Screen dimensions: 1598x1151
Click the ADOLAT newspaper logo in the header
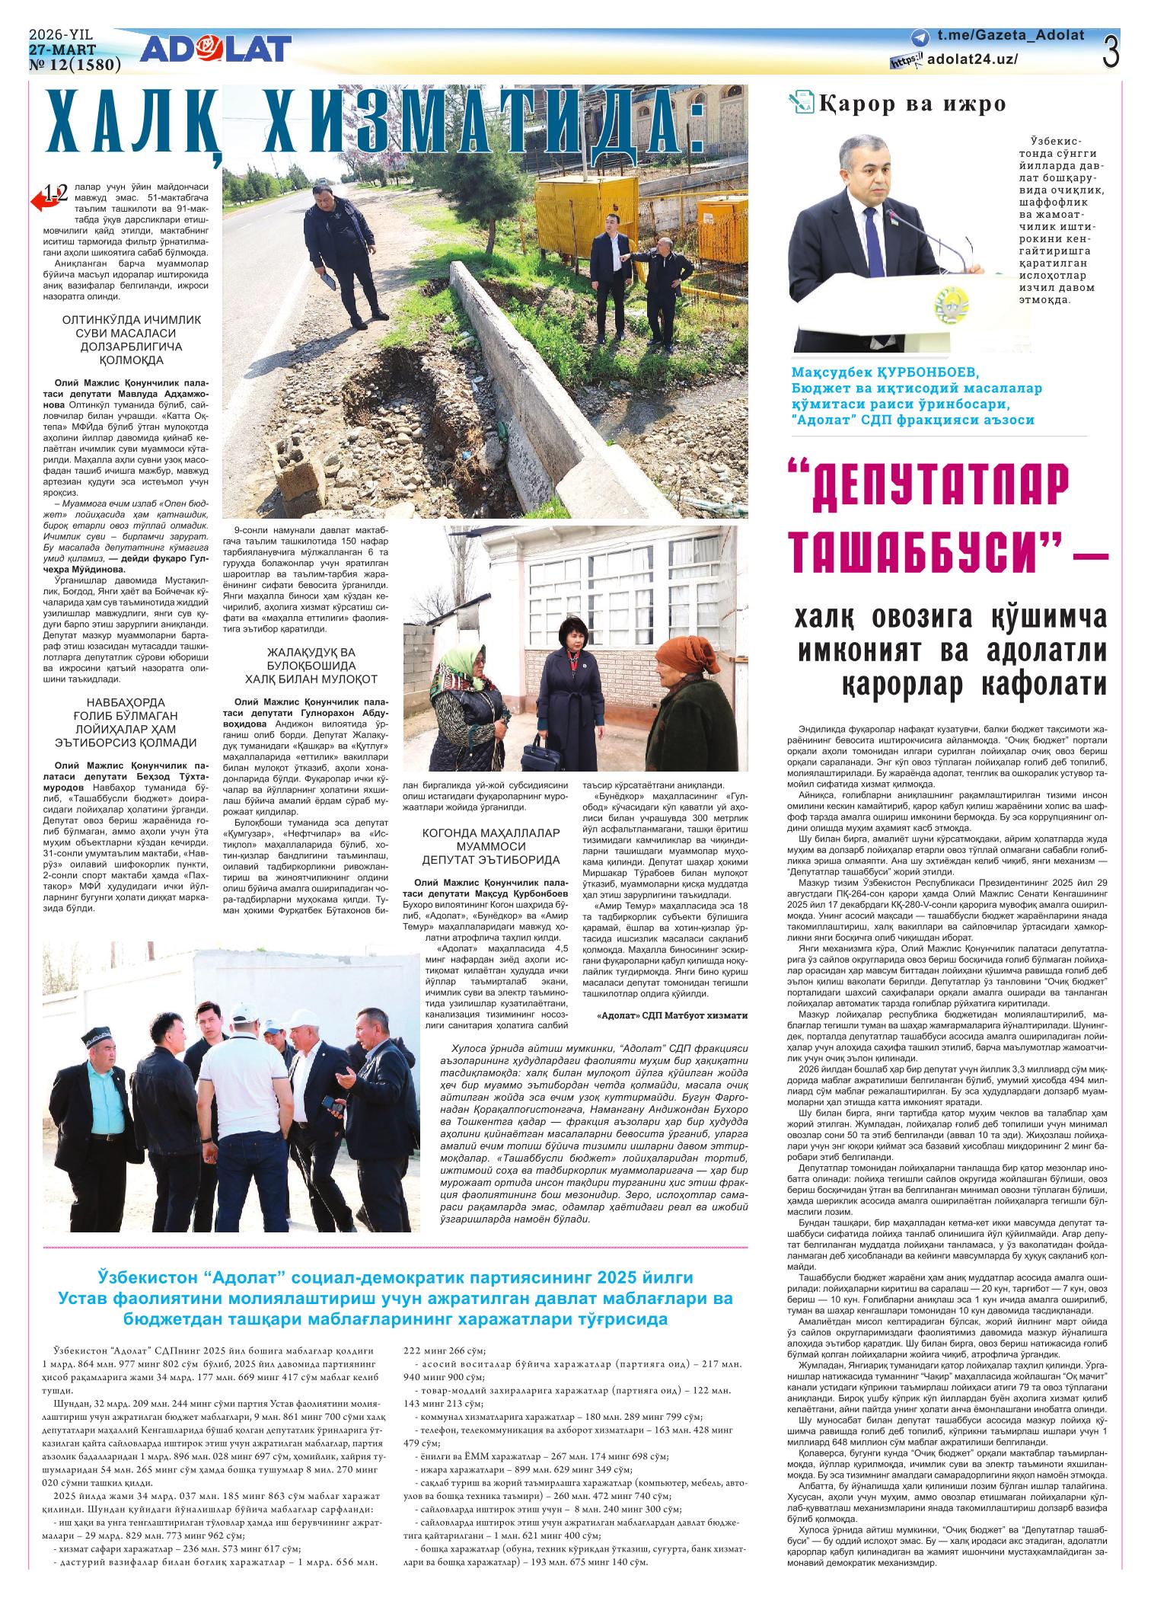click(x=215, y=50)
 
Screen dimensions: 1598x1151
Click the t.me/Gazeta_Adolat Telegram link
click(x=1010, y=36)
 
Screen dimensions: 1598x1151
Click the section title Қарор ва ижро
click(x=912, y=104)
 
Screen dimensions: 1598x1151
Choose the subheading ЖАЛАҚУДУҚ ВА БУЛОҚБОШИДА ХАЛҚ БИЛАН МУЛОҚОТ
click(x=311, y=666)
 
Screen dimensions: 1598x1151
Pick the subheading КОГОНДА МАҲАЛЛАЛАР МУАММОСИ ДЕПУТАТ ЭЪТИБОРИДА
click(x=492, y=845)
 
